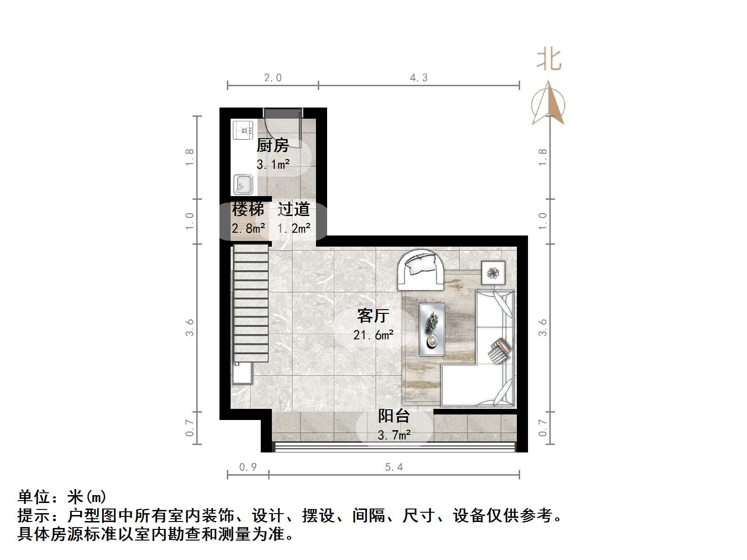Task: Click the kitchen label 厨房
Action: tap(273, 146)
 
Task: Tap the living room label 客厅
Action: tap(373, 316)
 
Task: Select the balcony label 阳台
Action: tap(393, 416)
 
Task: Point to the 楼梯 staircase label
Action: tap(248, 209)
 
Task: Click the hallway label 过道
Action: tap(294, 209)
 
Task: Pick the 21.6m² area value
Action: tap(373, 335)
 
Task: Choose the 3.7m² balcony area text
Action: tap(393, 435)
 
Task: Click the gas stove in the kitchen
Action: tap(244, 130)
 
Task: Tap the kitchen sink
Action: tap(243, 184)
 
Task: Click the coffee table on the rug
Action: tap(432, 330)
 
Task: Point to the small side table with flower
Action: tap(493, 273)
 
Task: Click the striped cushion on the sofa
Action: tap(499, 351)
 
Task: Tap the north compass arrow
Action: tap(548, 103)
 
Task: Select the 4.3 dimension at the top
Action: tap(419, 78)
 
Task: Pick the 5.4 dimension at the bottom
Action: tap(394, 467)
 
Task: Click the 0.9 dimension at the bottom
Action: tap(248, 467)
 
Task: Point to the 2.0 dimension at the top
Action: tap(273, 78)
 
